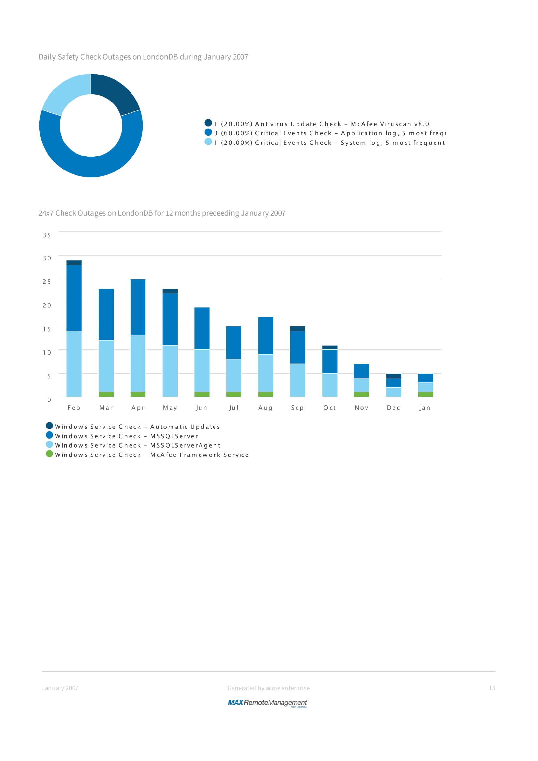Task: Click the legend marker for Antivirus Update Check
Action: point(208,123)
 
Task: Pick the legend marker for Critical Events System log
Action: point(208,142)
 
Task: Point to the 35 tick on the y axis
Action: point(47,235)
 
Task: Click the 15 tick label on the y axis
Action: point(47,329)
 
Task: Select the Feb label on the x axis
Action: point(74,408)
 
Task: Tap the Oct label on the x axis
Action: point(329,408)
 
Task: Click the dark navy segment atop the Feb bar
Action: point(74,263)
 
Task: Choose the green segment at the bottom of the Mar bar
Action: point(106,394)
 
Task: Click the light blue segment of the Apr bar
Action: point(138,364)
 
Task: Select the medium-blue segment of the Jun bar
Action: point(202,329)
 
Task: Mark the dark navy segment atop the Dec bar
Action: point(393,376)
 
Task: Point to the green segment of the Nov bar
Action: point(361,394)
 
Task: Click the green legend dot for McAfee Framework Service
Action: point(49,454)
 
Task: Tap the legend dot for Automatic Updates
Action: point(49,426)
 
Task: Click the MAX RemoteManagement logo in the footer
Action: point(268,703)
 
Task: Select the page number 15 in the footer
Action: point(492,688)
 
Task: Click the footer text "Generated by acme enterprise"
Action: point(269,688)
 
